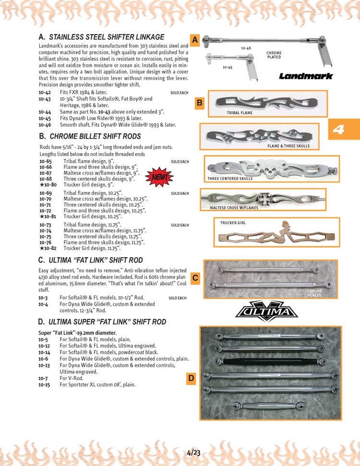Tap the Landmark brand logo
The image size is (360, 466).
(306, 76)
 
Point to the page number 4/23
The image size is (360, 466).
(194, 452)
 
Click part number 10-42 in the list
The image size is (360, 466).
(45, 92)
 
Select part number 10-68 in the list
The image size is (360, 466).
(45, 179)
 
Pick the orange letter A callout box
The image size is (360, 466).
(195, 40)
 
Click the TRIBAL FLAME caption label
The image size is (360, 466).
(240, 113)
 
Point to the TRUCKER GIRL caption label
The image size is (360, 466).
(233, 223)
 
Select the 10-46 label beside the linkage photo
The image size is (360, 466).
(246, 48)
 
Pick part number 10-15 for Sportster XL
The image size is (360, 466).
(45, 384)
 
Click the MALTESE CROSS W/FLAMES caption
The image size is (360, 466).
(234, 208)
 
